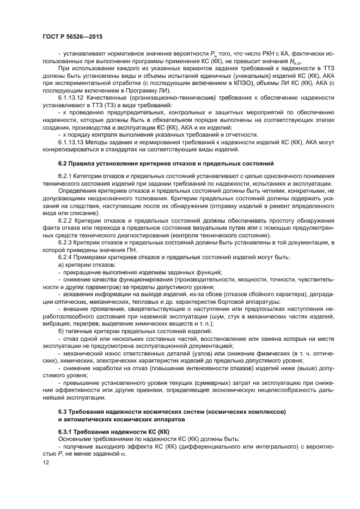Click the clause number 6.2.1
(66, 176)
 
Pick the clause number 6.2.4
(66, 256)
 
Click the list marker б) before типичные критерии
(61, 330)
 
